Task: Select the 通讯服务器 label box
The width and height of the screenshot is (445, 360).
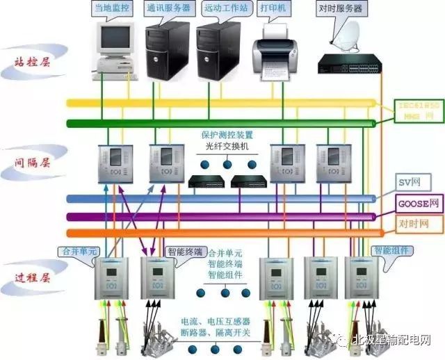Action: [166, 10]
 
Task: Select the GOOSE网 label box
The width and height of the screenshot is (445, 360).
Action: [419, 204]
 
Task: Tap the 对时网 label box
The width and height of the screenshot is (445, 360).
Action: [413, 224]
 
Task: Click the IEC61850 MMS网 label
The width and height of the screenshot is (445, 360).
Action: [417, 110]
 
